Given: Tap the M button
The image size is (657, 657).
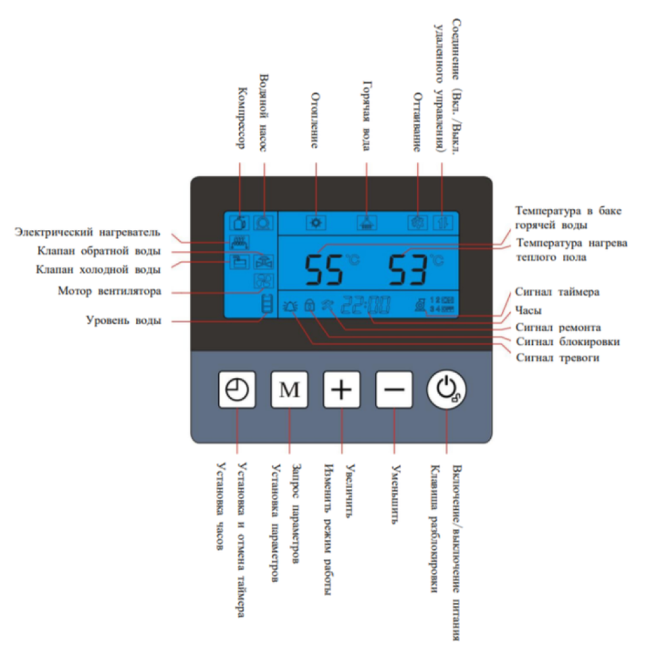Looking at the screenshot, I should tap(289, 390).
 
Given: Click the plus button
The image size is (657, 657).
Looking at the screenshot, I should tap(342, 390).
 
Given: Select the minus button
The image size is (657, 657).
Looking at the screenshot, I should tap(394, 390).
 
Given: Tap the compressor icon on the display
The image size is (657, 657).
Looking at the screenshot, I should tap(240, 222).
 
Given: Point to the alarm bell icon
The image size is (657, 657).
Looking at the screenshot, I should tap(290, 305).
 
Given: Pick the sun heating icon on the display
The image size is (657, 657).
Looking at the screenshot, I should tap(317, 222).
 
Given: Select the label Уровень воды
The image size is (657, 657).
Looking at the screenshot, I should tap(124, 321).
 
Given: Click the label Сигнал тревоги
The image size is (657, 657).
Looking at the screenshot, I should tap(558, 358).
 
